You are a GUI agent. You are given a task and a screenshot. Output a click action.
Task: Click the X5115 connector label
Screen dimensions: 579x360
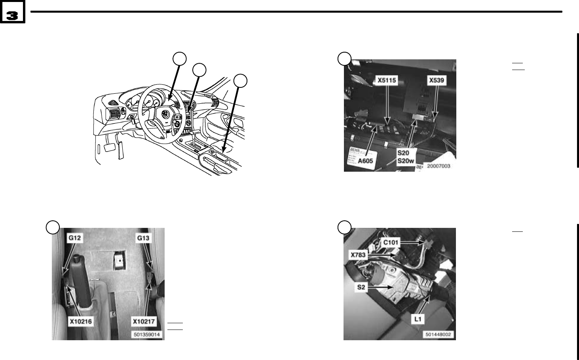click(387, 80)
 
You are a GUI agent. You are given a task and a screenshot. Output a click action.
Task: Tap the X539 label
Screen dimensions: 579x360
click(437, 80)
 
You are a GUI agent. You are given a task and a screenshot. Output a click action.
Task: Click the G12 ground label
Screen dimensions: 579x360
click(75, 238)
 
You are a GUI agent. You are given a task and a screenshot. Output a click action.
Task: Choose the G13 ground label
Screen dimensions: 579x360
click(143, 238)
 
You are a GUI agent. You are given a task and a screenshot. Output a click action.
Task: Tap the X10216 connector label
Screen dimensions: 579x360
click(81, 322)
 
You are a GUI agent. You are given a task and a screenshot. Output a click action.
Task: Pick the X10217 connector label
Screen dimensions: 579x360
click(142, 322)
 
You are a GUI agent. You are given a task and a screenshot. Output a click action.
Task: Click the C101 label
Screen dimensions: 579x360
click(391, 241)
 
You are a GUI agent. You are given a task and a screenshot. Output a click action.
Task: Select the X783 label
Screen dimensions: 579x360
click(358, 255)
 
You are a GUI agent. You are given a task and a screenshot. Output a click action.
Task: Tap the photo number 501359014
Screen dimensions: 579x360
click(146, 335)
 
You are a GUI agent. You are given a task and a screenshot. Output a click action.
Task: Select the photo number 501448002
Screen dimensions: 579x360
click(439, 335)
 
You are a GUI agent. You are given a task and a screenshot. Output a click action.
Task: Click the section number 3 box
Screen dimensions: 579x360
click(12, 15)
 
